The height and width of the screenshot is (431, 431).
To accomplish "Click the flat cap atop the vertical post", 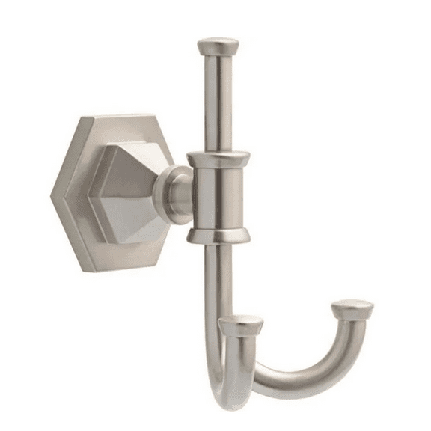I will [x=218, y=45].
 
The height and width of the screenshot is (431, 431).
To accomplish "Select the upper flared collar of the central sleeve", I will [x=218, y=159].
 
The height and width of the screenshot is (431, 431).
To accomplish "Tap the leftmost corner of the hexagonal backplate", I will [x=53, y=196].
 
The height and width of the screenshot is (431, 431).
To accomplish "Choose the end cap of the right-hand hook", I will [x=352, y=308].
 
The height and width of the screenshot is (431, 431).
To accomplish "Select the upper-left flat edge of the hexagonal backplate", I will [x=64, y=157].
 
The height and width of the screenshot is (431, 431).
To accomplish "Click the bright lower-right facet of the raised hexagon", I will [x=146, y=224].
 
